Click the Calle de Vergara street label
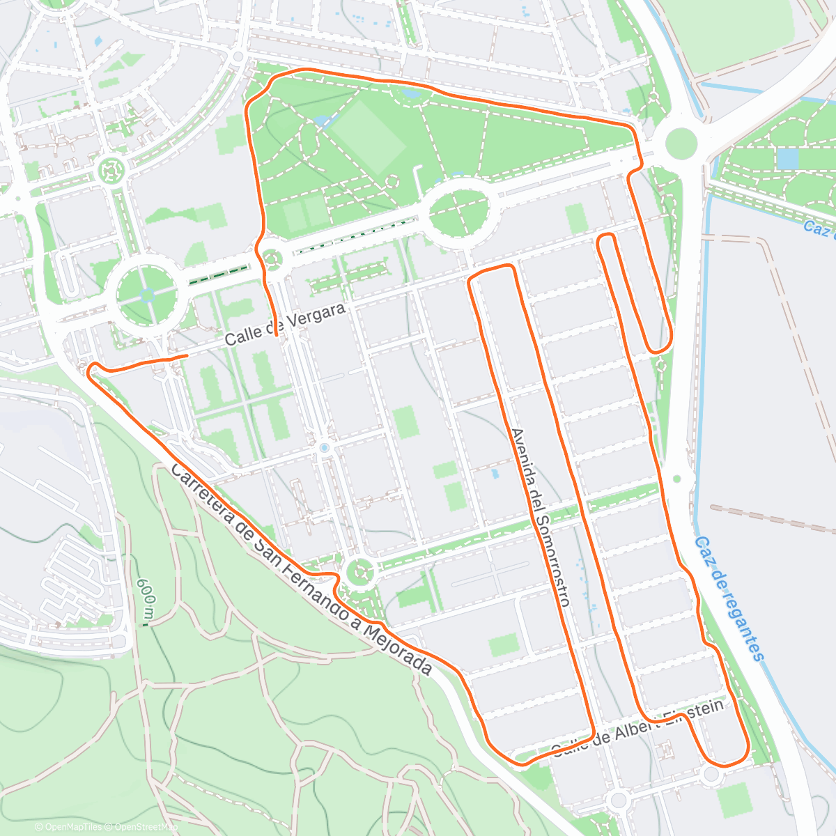tap(286, 324)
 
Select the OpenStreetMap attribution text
tap(146, 827)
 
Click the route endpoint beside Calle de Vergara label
tap(277, 336)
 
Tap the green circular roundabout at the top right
tap(681, 144)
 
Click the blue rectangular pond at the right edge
tap(787, 159)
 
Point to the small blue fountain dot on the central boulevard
tap(324, 448)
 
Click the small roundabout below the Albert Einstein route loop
tap(711, 775)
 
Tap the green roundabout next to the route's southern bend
tap(359, 573)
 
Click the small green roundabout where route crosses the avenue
tap(272, 259)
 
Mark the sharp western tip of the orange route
tap(89, 370)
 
